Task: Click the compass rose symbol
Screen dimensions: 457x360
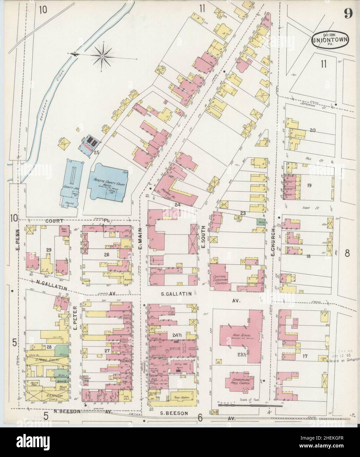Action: [103, 57]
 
